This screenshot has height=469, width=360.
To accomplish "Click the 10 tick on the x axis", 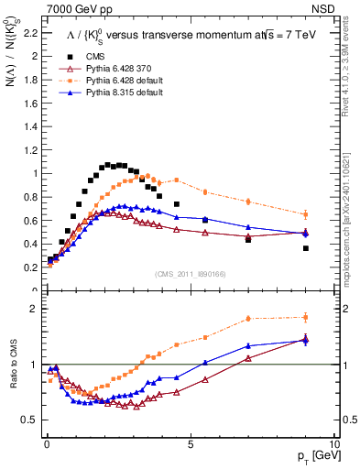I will coord(333,443).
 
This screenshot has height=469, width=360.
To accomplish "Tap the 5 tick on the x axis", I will coord(190,443).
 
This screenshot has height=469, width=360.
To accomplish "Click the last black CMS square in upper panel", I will coord(306,248).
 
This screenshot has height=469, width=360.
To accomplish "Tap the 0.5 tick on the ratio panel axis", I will coord(30,420).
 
